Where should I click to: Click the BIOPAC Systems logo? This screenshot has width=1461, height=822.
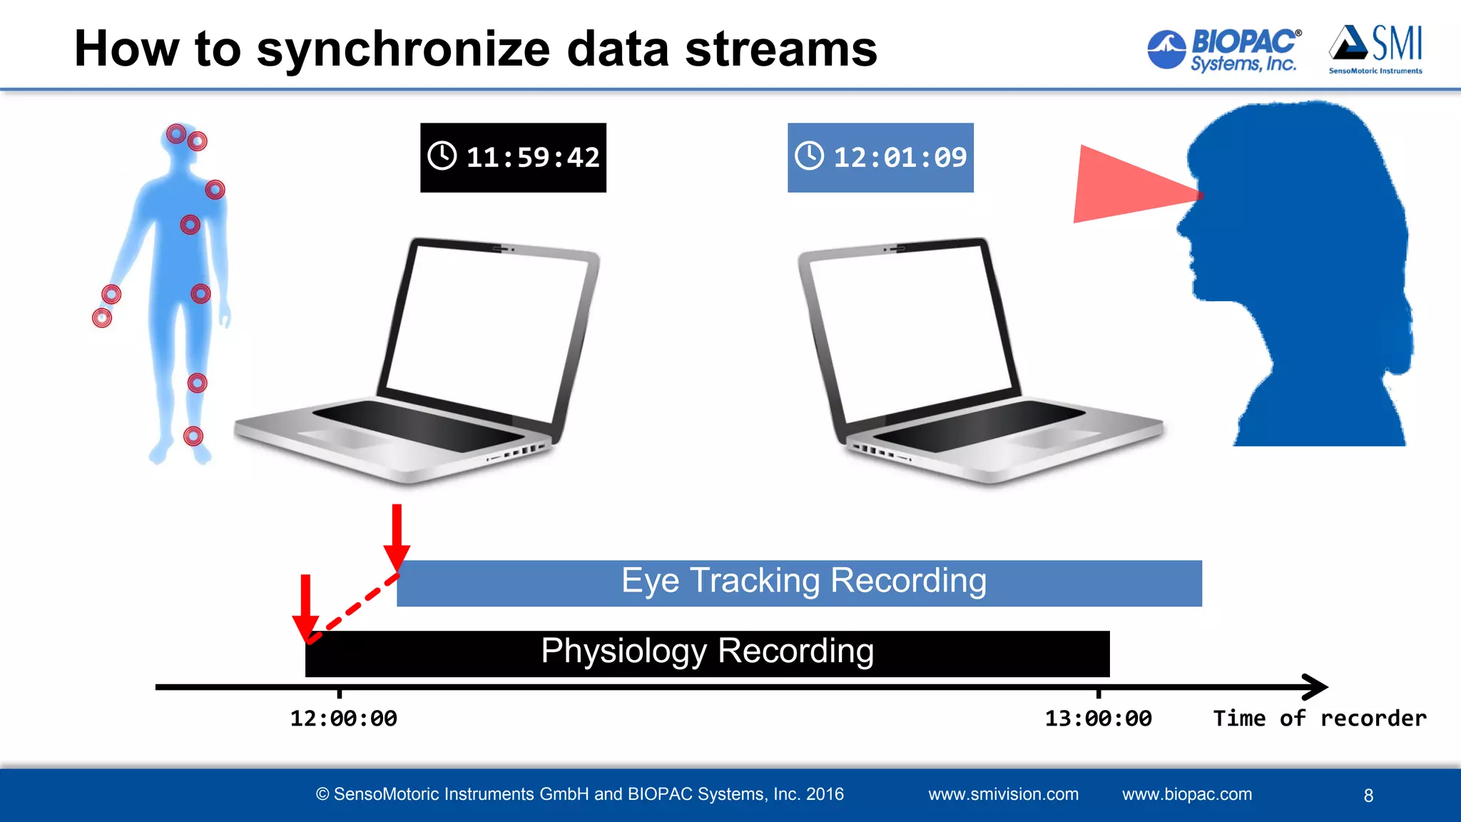point(1223,50)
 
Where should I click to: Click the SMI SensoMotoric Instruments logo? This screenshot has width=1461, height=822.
point(1375,49)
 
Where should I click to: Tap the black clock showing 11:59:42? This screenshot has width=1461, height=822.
point(513,158)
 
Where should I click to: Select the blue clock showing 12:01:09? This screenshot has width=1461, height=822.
point(880,158)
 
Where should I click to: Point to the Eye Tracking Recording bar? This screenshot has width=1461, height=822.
point(799,583)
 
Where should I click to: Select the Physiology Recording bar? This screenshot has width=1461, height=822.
point(706,654)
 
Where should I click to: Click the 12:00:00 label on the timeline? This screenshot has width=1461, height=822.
point(343,719)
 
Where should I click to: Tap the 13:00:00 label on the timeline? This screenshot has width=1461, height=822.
point(1098,719)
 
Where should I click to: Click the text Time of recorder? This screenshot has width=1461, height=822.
point(1320,719)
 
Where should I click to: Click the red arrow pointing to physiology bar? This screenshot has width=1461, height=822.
point(306,607)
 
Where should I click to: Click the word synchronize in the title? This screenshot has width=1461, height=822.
point(403,50)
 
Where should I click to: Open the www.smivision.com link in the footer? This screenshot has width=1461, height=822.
point(1003,794)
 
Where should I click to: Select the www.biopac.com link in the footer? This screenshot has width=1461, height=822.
point(1186,794)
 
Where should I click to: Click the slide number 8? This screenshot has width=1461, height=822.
point(1368,796)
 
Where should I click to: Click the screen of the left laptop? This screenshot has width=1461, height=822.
point(485,328)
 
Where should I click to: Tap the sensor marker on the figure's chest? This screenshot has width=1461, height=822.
point(190,225)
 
